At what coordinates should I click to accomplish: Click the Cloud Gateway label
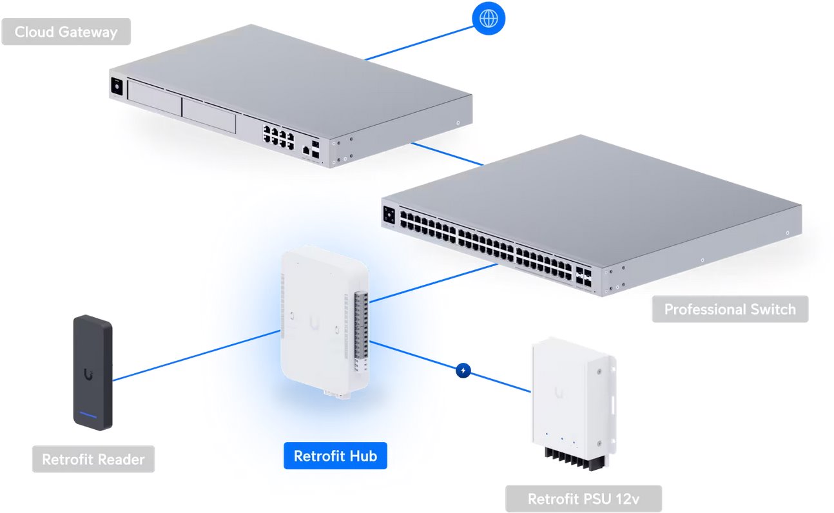[66, 32]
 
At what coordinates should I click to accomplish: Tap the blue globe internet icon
[489, 18]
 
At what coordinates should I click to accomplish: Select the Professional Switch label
[730, 309]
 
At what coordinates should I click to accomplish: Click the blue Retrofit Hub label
[335, 456]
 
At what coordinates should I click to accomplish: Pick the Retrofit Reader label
[93, 460]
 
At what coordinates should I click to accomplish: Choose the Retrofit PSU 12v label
[583, 499]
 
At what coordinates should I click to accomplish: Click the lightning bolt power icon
[463, 371]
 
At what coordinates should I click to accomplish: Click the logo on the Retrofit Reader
[88, 373]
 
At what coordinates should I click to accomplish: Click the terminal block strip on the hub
[361, 329]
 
